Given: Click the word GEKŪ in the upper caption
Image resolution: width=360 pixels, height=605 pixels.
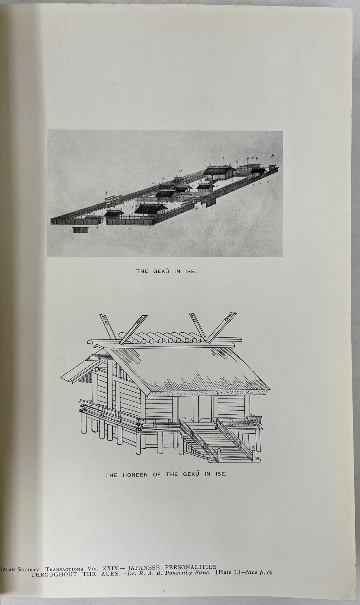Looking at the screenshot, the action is click(161, 271).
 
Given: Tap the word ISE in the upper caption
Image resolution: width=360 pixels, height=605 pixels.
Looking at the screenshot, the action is click(190, 271).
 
